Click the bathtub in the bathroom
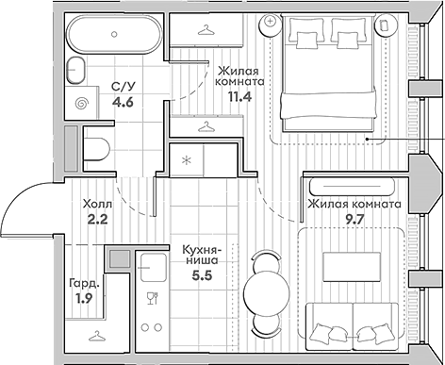[115, 34]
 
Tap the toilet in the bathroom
[96, 148]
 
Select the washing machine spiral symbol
[82, 104]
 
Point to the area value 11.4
[239, 96]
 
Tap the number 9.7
[354, 219]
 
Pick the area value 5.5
[203, 275]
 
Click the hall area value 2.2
[97, 219]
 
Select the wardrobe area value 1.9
[84, 297]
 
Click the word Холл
[97, 205]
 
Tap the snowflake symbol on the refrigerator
[187, 160]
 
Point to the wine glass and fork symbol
[153, 298]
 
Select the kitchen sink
[154, 268]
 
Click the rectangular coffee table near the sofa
[352, 267]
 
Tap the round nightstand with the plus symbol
[270, 25]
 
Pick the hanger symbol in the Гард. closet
[97, 336]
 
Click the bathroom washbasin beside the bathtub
[76, 71]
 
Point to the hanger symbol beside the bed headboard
[206, 30]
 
